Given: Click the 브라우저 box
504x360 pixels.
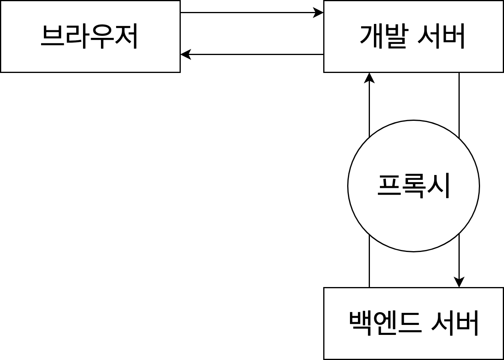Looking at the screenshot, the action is pos(90,36).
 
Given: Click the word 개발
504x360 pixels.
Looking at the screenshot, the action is pos(383,36).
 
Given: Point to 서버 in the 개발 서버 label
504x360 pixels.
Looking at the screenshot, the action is pos(441,36).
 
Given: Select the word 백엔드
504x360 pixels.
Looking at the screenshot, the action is pos(385,323).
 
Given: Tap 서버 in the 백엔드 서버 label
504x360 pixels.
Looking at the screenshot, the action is pos(455,323).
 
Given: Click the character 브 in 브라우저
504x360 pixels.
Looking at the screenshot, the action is pos(53,36).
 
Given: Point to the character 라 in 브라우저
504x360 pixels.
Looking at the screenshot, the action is pos(77,36).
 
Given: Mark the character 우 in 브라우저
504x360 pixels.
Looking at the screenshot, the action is pos(102,36).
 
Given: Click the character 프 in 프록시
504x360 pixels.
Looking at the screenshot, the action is pos(389,186).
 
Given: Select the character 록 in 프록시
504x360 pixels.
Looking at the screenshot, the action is pos(413,186).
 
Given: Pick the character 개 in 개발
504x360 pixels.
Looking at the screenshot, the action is pos(371,36).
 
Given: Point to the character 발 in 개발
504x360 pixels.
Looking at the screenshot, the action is pos(395,36).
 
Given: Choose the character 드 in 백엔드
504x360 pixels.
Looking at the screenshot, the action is pos(409,323).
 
